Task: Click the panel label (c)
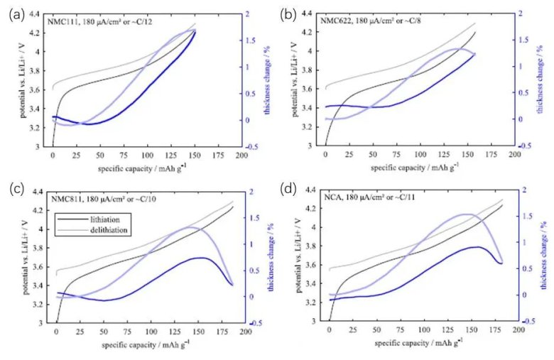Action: click(x=18, y=188)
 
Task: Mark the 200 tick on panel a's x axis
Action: click(x=241, y=155)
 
